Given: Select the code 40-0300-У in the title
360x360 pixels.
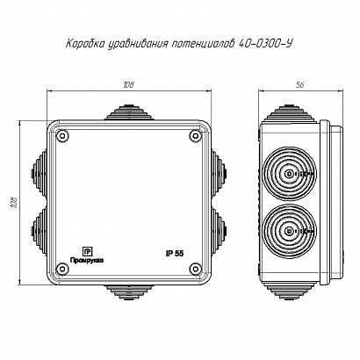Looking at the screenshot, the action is pos(266,44).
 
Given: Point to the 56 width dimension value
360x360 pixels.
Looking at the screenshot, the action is pos(300,85).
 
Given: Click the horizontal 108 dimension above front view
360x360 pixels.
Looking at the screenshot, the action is pos(128,85).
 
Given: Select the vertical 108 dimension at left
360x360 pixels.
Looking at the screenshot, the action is pos(15,203).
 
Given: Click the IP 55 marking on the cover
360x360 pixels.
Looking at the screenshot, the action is pos(175,254).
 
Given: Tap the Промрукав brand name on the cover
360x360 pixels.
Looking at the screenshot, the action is pos(86,261).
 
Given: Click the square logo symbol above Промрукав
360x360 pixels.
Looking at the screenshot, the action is pos(87,252).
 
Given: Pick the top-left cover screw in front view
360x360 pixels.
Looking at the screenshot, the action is pos(63,136).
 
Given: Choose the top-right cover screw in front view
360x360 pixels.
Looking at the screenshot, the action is pos(195,136).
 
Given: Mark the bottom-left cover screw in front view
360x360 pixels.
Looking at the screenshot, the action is pos(63,269).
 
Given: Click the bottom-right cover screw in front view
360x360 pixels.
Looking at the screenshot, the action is pos(195,269).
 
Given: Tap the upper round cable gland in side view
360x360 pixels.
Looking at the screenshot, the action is pos(290,174).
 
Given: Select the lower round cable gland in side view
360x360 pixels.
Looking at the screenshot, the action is pos(290,231).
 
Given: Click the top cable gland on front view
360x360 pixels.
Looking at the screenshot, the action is pos(129,112).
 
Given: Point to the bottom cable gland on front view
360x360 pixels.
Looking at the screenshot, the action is pos(129,292).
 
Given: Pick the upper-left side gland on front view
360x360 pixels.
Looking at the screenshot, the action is pos(39,174).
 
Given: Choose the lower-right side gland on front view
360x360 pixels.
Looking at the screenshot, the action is pos(220,231).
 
